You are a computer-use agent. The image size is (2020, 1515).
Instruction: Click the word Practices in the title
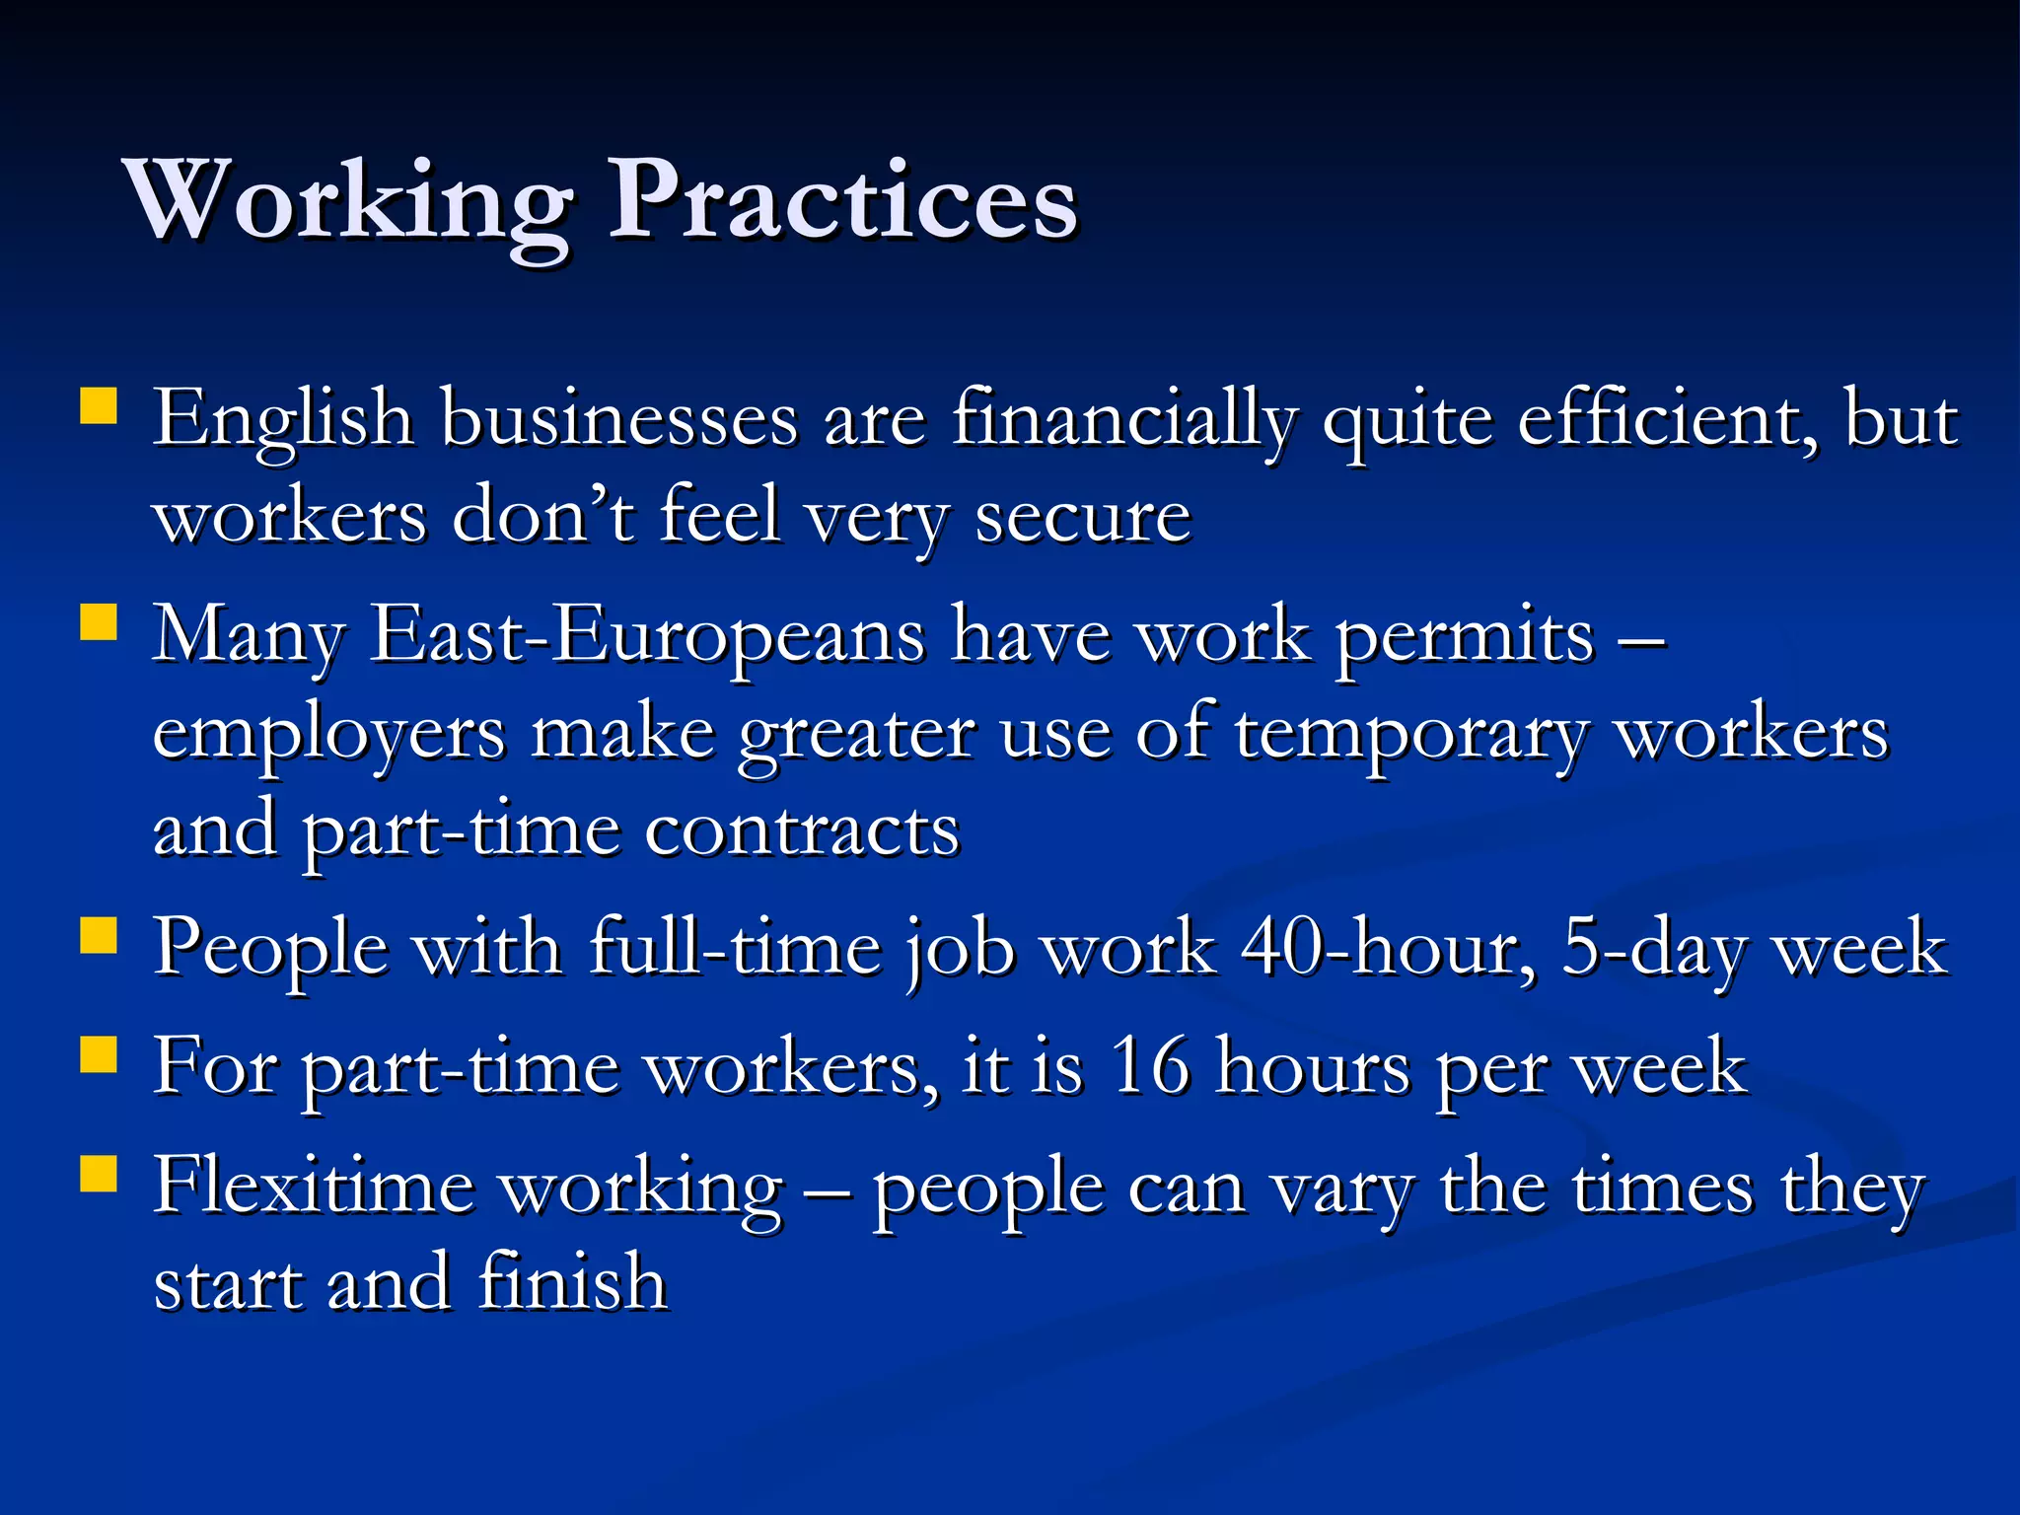(x=843, y=201)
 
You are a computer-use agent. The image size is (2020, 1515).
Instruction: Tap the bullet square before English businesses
(x=99, y=405)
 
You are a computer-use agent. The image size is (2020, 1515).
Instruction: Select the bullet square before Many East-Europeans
(x=99, y=622)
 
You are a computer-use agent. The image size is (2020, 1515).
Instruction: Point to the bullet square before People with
(x=99, y=936)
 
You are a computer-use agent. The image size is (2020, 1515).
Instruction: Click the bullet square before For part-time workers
(x=99, y=1054)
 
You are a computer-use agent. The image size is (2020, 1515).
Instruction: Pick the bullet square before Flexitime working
(x=99, y=1174)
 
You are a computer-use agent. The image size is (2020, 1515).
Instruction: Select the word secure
(x=1083, y=519)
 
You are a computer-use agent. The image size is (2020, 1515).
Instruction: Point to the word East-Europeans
(x=647, y=637)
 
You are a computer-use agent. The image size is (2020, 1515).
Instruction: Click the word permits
(x=1465, y=637)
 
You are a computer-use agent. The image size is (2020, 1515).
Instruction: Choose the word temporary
(x=1411, y=736)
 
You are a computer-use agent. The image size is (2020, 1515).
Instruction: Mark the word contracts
(x=802, y=831)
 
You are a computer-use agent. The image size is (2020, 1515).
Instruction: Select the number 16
(x=1150, y=1067)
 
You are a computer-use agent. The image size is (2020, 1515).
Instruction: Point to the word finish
(x=573, y=1283)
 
